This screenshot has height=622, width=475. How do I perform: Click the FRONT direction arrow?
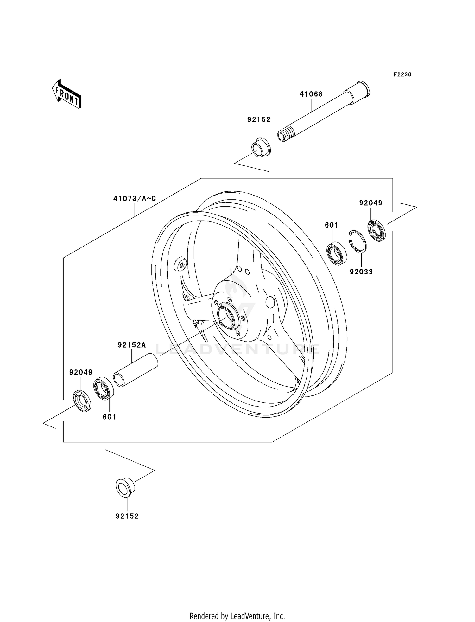pyautogui.click(x=67, y=94)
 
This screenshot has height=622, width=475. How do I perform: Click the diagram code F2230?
pyautogui.click(x=402, y=74)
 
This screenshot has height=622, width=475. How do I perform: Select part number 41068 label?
pyautogui.click(x=311, y=94)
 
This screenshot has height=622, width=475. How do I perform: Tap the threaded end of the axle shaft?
pyautogui.click(x=283, y=135)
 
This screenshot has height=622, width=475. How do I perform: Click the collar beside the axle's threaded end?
pyautogui.click(x=261, y=148)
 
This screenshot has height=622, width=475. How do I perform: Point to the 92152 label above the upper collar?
pyautogui.click(x=259, y=119)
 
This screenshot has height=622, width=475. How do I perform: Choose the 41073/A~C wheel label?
pyautogui.click(x=135, y=199)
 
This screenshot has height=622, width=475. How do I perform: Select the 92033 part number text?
pyautogui.click(x=361, y=272)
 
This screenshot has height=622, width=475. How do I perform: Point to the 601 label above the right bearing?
pyautogui.click(x=331, y=225)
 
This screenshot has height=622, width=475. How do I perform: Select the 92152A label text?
pyautogui.click(x=132, y=345)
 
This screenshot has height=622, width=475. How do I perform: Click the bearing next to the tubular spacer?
pyautogui.click(x=104, y=388)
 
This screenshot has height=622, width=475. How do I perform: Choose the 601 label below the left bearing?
pyautogui.click(x=109, y=417)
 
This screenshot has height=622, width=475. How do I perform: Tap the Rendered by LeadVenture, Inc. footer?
pyautogui.click(x=237, y=616)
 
